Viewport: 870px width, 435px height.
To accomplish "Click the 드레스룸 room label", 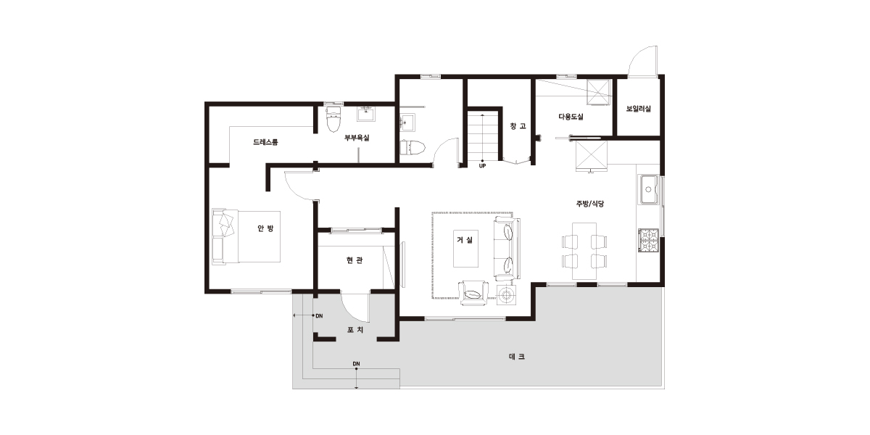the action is tap(265, 142).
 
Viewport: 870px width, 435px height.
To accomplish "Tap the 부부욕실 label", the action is tap(357, 138).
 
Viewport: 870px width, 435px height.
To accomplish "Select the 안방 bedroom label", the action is tap(265, 228).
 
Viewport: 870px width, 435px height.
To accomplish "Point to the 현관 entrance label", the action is tap(355, 260).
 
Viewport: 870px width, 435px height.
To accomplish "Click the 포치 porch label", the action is tap(355, 330).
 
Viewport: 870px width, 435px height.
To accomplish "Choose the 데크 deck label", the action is tap(516, 357).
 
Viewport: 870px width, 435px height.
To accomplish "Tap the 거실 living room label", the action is tap(465, 240).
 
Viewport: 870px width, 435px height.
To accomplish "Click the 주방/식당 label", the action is tap(590, 204).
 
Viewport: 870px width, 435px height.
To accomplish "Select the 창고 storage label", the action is tap(518, 126).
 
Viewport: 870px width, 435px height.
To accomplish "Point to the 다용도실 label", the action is tap(571, 117).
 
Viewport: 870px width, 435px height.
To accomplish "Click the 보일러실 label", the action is tap(639, 109).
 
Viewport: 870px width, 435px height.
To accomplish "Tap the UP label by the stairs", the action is tap(482, 166).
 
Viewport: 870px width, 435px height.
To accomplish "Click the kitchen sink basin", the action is tap(648, 189).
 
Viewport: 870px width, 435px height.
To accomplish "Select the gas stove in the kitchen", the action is tap(648, 241).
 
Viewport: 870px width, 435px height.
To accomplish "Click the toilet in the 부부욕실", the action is tap(333, 120).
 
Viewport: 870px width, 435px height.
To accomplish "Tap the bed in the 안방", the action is tap(246, 237).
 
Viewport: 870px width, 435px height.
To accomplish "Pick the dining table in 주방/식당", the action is tap(584, 251).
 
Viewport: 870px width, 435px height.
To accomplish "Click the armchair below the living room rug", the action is tap(473, 293).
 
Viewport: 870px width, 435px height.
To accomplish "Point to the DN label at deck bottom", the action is tap(356, 364).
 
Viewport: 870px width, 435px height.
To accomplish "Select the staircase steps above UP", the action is tap(482, 136).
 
